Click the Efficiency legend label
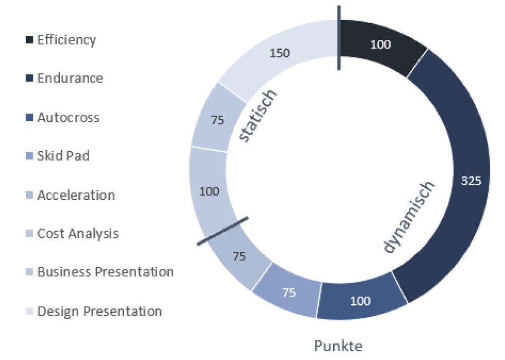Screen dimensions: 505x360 [x=67, y=40]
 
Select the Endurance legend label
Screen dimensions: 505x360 [x=70, y=78]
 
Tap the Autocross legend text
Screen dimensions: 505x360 [x=68, y=117]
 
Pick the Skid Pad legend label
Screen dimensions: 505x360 [x=63, y=156]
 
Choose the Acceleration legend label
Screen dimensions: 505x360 [x=76, y=195]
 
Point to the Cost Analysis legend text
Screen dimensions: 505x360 [x=78, y=234]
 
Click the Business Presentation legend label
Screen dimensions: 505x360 [x=105, y=272]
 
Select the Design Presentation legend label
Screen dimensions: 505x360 [x=99, y=312]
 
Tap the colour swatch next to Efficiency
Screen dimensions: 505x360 [x=30, y=40]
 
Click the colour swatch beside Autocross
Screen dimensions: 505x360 [x=30, y=117]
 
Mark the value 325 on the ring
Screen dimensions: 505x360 [x=471, y=181]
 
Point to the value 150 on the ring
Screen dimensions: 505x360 [x=280, y=53]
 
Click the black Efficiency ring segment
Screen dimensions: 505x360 [x=380, y=45]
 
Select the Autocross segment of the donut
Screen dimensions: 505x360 [x=361, y=301]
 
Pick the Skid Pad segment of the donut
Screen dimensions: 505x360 [x=288, y=291]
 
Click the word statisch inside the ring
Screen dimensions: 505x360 [x=258, y=116]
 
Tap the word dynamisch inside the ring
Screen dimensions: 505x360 [x=408, y=218]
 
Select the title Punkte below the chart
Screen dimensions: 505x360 [x=338, y=346]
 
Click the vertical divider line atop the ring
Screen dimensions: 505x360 [x=339, y=38]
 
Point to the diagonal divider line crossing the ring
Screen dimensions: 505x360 [x=223, y=231]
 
